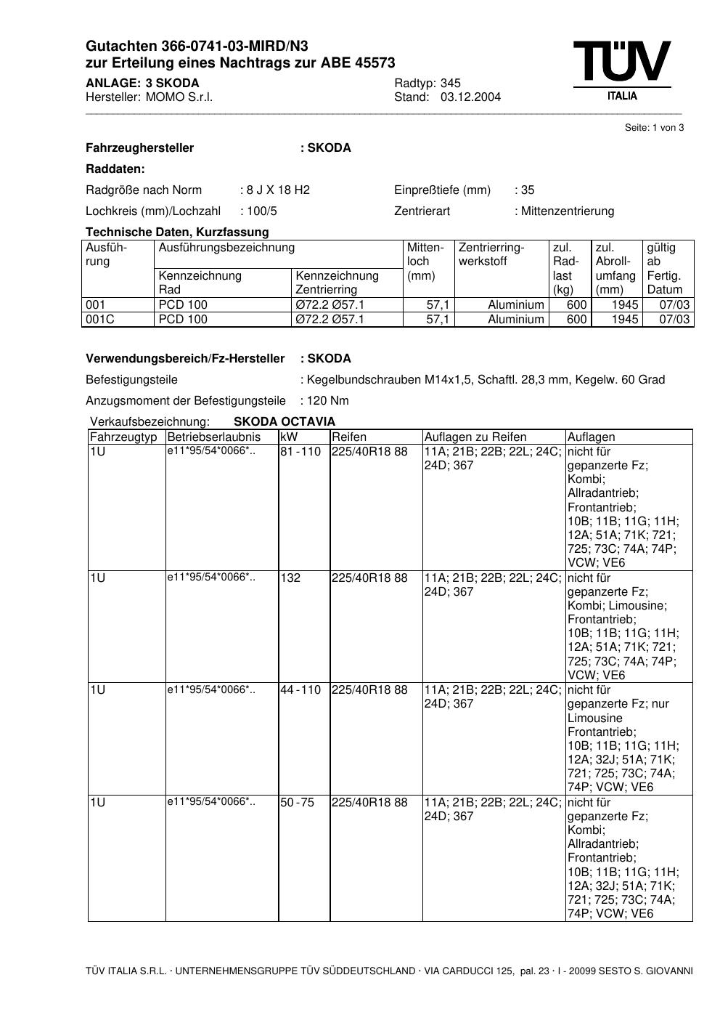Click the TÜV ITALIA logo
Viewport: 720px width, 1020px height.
(x=621, y=70)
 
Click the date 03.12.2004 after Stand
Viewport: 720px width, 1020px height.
(x=470, y=97)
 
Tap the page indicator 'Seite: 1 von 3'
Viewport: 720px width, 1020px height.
(x=654, y=128)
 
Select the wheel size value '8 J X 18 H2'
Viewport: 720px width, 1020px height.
(x=278, y=190)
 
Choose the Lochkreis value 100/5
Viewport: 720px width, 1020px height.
(x=262, y=211)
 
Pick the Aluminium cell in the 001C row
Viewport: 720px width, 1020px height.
(x=515, y=320)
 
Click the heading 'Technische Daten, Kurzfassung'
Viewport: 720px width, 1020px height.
(x=177, y=232)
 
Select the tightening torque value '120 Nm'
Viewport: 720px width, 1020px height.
(x=328, y=401)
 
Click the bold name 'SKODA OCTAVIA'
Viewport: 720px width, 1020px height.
(x=285, y=422)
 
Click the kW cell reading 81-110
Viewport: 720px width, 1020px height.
(x=300, y=452)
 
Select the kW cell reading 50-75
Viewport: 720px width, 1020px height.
(x=298, y=803)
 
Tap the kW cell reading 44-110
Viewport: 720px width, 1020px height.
(x=300, y=690)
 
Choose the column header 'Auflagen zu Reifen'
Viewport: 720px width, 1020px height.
(x=475, y=437)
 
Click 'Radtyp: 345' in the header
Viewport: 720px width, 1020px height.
(x=427, y=84)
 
